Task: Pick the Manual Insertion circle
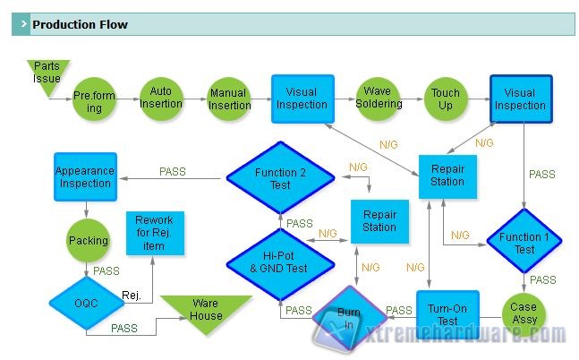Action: [229, 99]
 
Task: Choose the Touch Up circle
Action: [445, 99]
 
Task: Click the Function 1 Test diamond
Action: [524, 242]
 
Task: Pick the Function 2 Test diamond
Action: [279, 178]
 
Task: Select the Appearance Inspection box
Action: [85, 176]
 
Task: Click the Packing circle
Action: [88, 240]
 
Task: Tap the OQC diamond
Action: [87, 303]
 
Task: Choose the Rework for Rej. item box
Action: [155, 233]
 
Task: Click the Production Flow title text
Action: [80, 24]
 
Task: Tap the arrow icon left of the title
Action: [20, 24]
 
